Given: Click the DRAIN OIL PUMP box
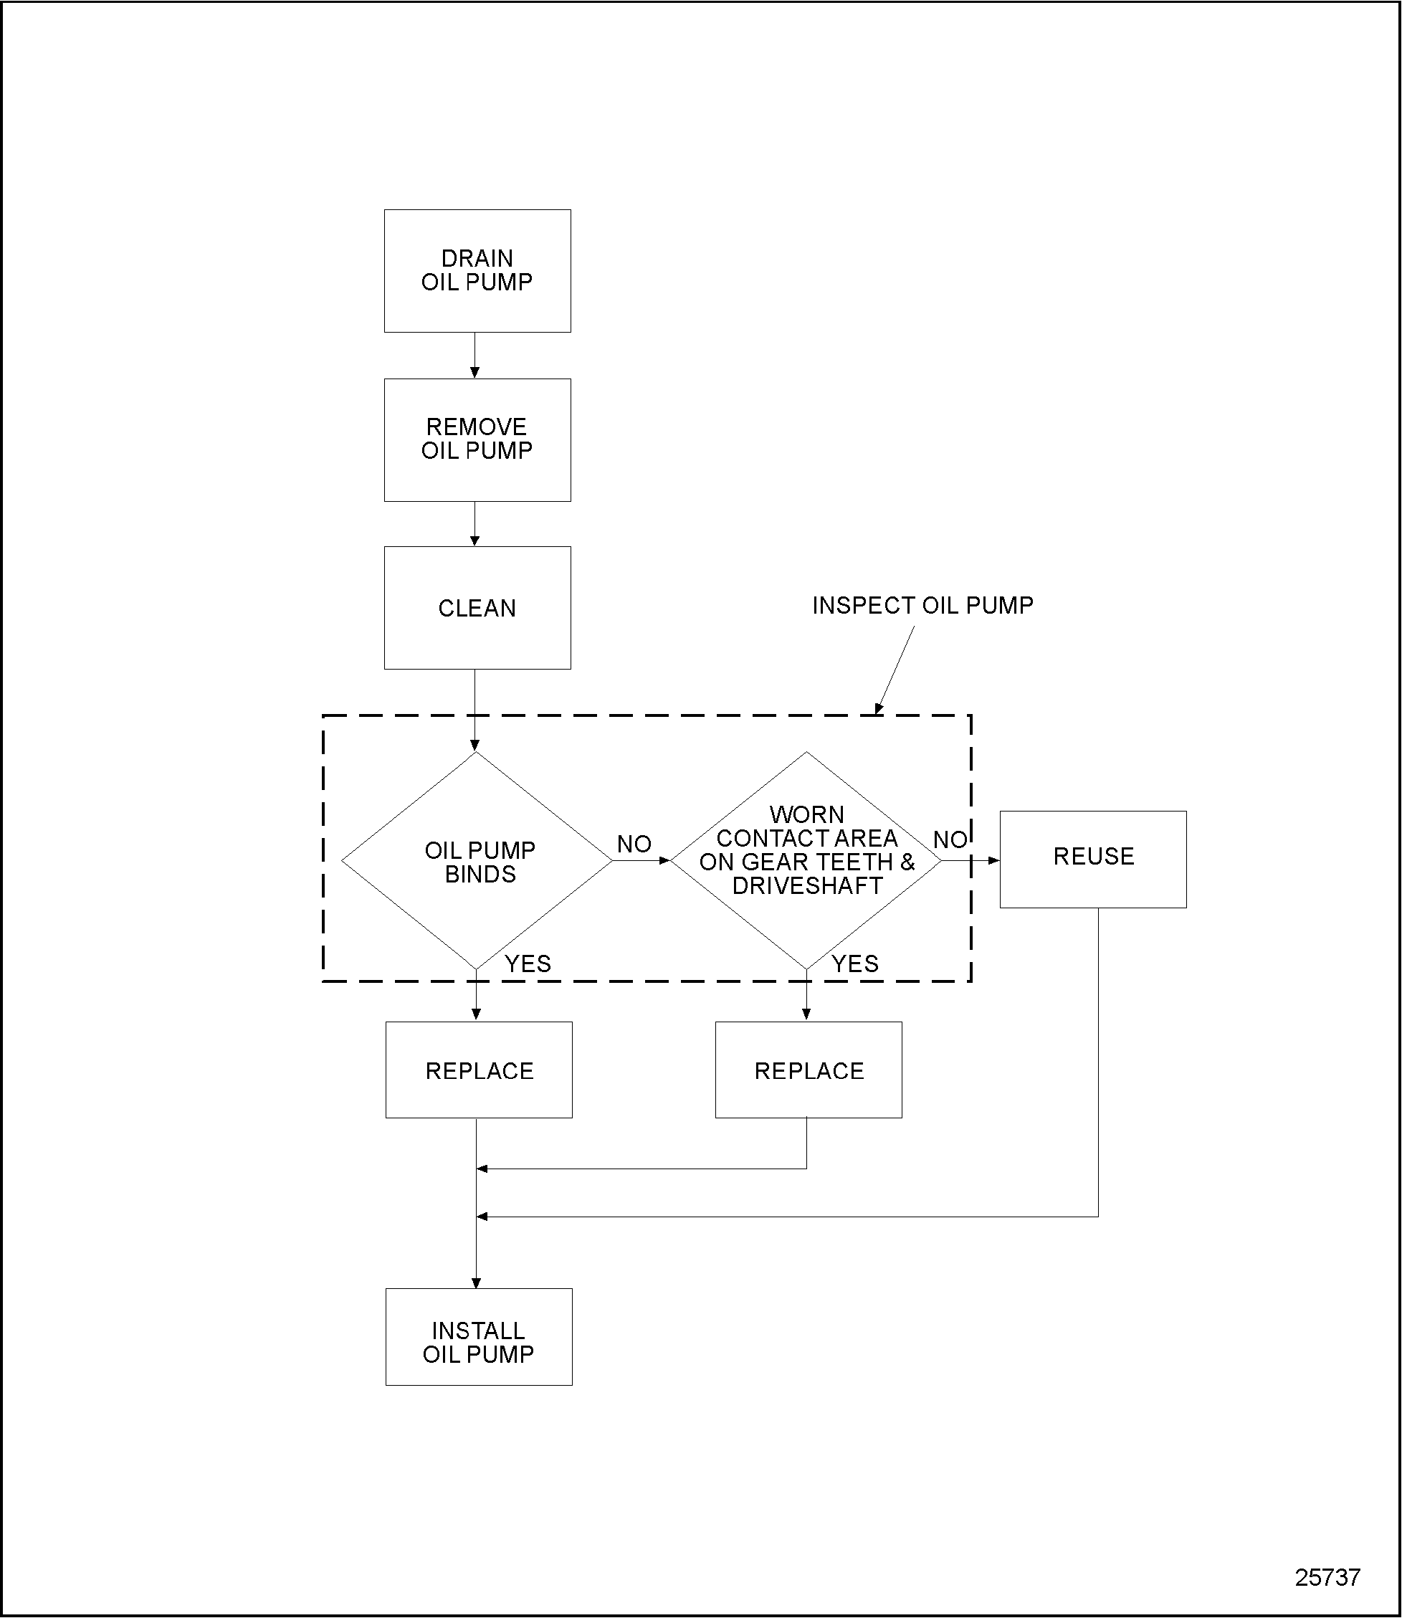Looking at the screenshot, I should pyautogui.click(x=477, y=271).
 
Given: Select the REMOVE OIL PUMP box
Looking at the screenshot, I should pyautogui.click(x=477, y=439).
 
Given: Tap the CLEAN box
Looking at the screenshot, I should pyautogui.click(x=477, y=608).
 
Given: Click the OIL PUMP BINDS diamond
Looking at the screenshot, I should pyautogui.click(x=477, y=862).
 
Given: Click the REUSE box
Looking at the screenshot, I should pyautogui.click(x=1093, y=859).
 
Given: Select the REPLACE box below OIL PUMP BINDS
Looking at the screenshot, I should pyautogui.click(x=479, y=1070).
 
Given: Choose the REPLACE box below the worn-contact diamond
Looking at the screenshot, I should pyautogui.click(x=809, y=1070).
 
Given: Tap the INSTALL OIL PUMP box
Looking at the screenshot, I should pyautogui.click(x=479, y=1343).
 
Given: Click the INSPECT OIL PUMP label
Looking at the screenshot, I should pyautogui.click(x=922, y=605).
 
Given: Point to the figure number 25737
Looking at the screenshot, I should pyautogui.click(x=1327, y=1577).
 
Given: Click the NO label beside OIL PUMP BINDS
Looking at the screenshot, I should pyautogui.click(x=634, y=844).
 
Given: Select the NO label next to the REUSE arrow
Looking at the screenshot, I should pyautogui.click(x=950, y=840).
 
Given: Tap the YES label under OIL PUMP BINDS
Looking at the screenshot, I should pyautogui.click(x=528, y=964).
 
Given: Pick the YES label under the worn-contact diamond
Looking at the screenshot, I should pyautogui.click(x=855, y=964).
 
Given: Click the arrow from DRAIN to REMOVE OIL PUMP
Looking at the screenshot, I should pyautogui.click(x=475, y=356).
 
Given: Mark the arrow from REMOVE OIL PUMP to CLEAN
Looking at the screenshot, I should pyautogui.click(x=475, y=524).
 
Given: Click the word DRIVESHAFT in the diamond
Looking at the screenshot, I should pyautogui.click(x=807, y=885).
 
